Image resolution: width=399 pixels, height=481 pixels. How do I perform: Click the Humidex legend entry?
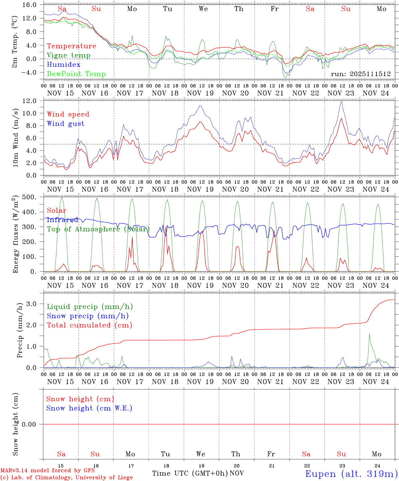(63, 65)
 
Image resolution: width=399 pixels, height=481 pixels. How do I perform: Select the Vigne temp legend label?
(69, 55)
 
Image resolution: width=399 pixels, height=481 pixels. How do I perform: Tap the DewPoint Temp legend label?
(76, 74)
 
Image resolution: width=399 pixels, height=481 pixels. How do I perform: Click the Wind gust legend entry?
(65, 124)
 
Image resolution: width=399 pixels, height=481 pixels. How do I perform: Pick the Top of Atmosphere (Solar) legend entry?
(98, 229)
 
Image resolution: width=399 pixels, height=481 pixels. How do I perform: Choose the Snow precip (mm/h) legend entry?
(88, 316)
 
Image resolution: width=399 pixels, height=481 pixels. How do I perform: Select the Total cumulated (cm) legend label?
(89, 325)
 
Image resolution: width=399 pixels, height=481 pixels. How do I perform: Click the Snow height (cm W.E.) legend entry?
(89, 408)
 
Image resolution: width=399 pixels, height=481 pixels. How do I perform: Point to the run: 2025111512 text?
(361, 74)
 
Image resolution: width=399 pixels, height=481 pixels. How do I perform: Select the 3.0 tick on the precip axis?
(33, 304)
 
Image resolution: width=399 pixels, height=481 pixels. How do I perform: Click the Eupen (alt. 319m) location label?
(351, 474)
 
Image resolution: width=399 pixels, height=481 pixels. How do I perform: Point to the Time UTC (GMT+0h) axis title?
(190, 473)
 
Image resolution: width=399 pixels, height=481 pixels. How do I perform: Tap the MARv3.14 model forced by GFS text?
(47, 471)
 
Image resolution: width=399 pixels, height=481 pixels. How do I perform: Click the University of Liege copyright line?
(66, 478)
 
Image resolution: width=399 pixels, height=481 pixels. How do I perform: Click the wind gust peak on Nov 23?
(341, 102)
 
